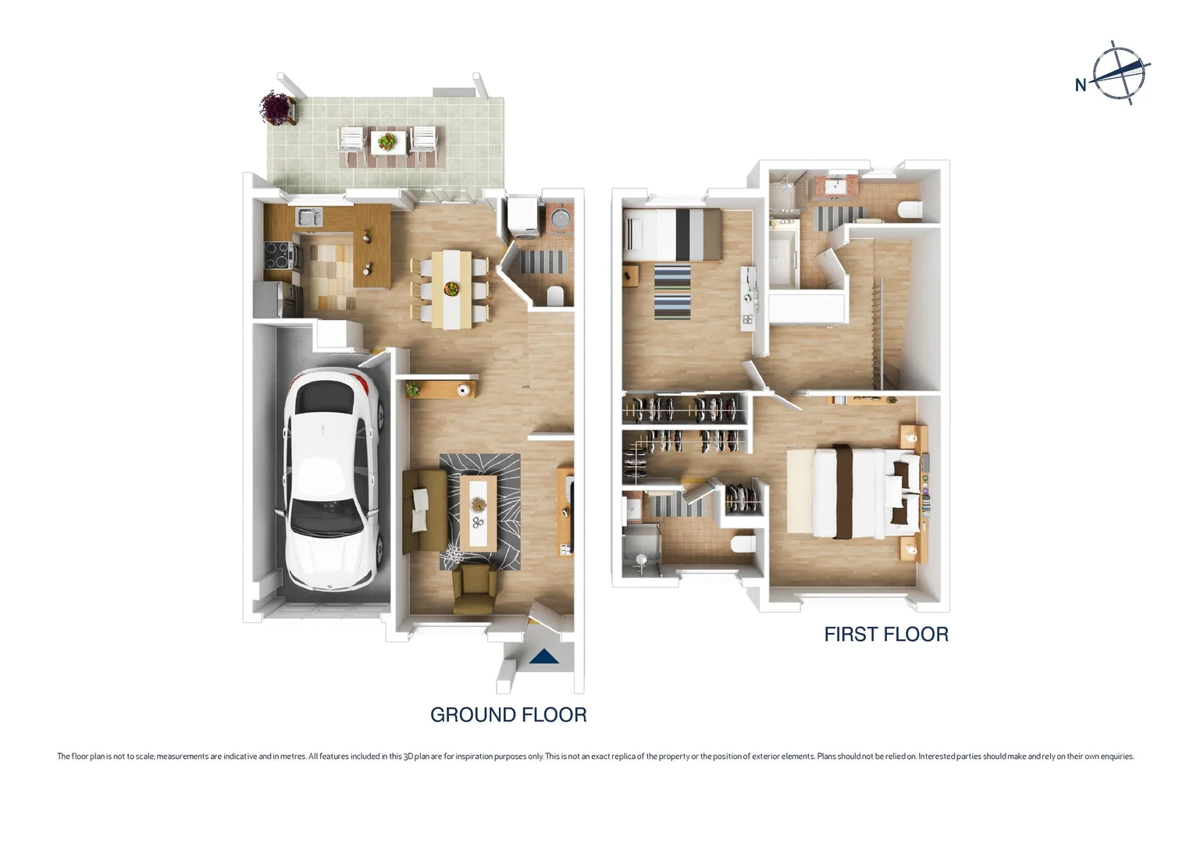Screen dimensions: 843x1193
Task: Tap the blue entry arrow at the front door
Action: tap(544, 657)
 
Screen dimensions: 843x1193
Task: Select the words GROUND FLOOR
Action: tap(508, 715)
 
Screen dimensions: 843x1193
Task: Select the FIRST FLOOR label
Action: tap(886, 635)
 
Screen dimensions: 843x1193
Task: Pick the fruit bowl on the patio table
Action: tap(386, 141)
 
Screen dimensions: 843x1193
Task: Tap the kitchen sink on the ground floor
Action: tap(308, 216)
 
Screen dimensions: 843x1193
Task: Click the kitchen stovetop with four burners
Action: tap(277, 254)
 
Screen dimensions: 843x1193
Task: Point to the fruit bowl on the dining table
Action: tap(451, 288)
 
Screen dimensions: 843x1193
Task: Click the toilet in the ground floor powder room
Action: tap(555, 296)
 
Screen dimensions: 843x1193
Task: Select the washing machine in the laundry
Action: tap(522, 216)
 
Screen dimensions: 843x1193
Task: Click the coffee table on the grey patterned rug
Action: tap(478, 512)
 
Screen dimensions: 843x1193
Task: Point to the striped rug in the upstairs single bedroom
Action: tap(673, 292)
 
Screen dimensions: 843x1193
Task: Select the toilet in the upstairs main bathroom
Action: tap(910, 209)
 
